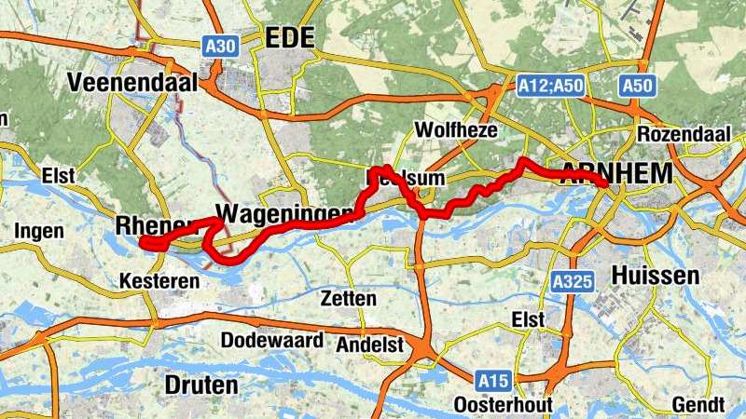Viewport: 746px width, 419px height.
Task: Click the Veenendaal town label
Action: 132,83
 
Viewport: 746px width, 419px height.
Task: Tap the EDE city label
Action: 290,38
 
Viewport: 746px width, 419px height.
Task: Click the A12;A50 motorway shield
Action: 550,86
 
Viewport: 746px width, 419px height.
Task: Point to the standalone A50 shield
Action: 638,86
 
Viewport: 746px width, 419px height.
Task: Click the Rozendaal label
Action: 684,135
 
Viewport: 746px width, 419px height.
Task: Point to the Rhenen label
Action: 155,226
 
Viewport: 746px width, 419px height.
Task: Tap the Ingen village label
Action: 39,231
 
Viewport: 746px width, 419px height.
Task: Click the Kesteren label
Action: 159,280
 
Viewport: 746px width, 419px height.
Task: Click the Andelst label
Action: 370,345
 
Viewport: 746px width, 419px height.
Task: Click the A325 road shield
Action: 571,280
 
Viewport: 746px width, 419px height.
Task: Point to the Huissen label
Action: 655,276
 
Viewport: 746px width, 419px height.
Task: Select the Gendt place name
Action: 697,405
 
